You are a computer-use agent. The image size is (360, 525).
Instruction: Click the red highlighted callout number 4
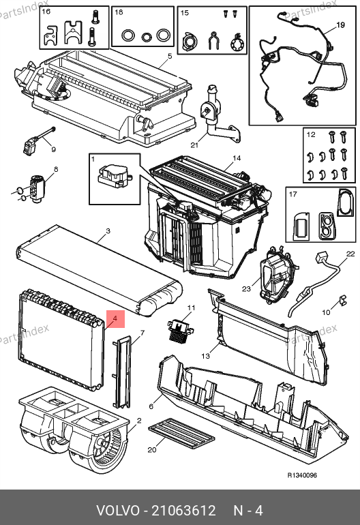(x=115, y=319)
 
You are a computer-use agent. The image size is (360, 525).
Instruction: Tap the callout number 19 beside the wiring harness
(x=340, y=25)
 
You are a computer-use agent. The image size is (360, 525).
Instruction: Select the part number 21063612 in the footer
(x=183, y=511)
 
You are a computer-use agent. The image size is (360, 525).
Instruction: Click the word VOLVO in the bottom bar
(x=118, y=511)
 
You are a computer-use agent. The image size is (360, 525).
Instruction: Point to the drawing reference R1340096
(x=302, y=475)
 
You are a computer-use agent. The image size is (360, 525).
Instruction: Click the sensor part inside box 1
(x=113, y=176)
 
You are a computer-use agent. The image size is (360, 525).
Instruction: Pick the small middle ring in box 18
(x=147, y=36)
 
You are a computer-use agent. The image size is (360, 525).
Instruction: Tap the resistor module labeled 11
(x=181, y=331)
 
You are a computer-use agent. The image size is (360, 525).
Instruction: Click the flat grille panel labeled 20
(x=181, y=433)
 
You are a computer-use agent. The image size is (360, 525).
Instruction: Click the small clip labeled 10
(x=342, y=300)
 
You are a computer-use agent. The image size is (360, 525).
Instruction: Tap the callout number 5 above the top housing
(x=170, y=56)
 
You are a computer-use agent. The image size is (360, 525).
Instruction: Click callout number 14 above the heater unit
(x=237, y=158)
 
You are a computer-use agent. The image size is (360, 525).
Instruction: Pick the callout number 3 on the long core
(x=108, y=231)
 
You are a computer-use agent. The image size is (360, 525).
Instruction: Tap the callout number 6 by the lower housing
(x=151, y=406)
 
